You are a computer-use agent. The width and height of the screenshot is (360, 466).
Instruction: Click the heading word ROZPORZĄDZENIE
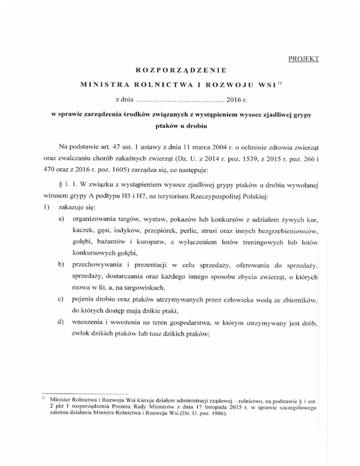(180, 71)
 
